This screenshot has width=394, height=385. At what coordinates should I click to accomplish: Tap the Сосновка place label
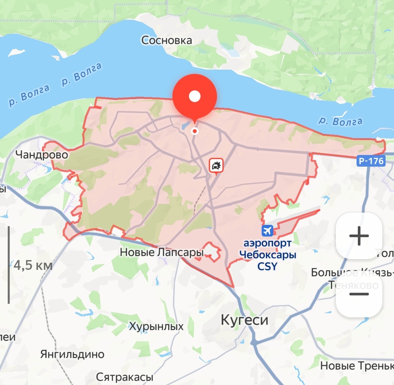click(x=166, y=40)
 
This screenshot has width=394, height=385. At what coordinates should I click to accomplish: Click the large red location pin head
click(x=195, y=96)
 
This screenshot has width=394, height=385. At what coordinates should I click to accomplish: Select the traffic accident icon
click(x=216, y=165)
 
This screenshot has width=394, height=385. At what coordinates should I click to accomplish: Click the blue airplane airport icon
click(x=268, y=231)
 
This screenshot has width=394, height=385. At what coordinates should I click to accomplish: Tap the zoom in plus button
click(x=359, y=236)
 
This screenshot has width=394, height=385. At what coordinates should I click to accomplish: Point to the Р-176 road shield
click(x=371, y=161)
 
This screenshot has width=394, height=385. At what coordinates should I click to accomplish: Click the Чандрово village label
click(x=42, y=155)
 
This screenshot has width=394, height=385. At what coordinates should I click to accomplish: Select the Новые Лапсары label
click(x=162, y=252)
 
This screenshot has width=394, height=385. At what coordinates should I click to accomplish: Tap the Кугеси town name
click(x=245, y=320)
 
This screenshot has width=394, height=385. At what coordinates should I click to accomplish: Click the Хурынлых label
click(x=156, y=326)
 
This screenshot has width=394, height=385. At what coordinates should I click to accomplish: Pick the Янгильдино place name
click(x=72, y=354)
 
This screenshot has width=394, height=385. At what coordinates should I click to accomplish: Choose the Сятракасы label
click(x=125, y=377)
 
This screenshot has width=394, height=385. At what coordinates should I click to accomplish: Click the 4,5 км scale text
click(x=33, y=265)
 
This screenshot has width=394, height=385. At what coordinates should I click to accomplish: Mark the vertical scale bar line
click(x=9, y=265)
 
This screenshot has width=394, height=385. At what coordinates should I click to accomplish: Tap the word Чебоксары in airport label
click(x=268, y=254)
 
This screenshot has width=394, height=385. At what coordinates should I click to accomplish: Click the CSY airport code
click(x=268, y=266)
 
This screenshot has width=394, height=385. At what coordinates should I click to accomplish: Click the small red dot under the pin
click(x=195, y=131)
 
